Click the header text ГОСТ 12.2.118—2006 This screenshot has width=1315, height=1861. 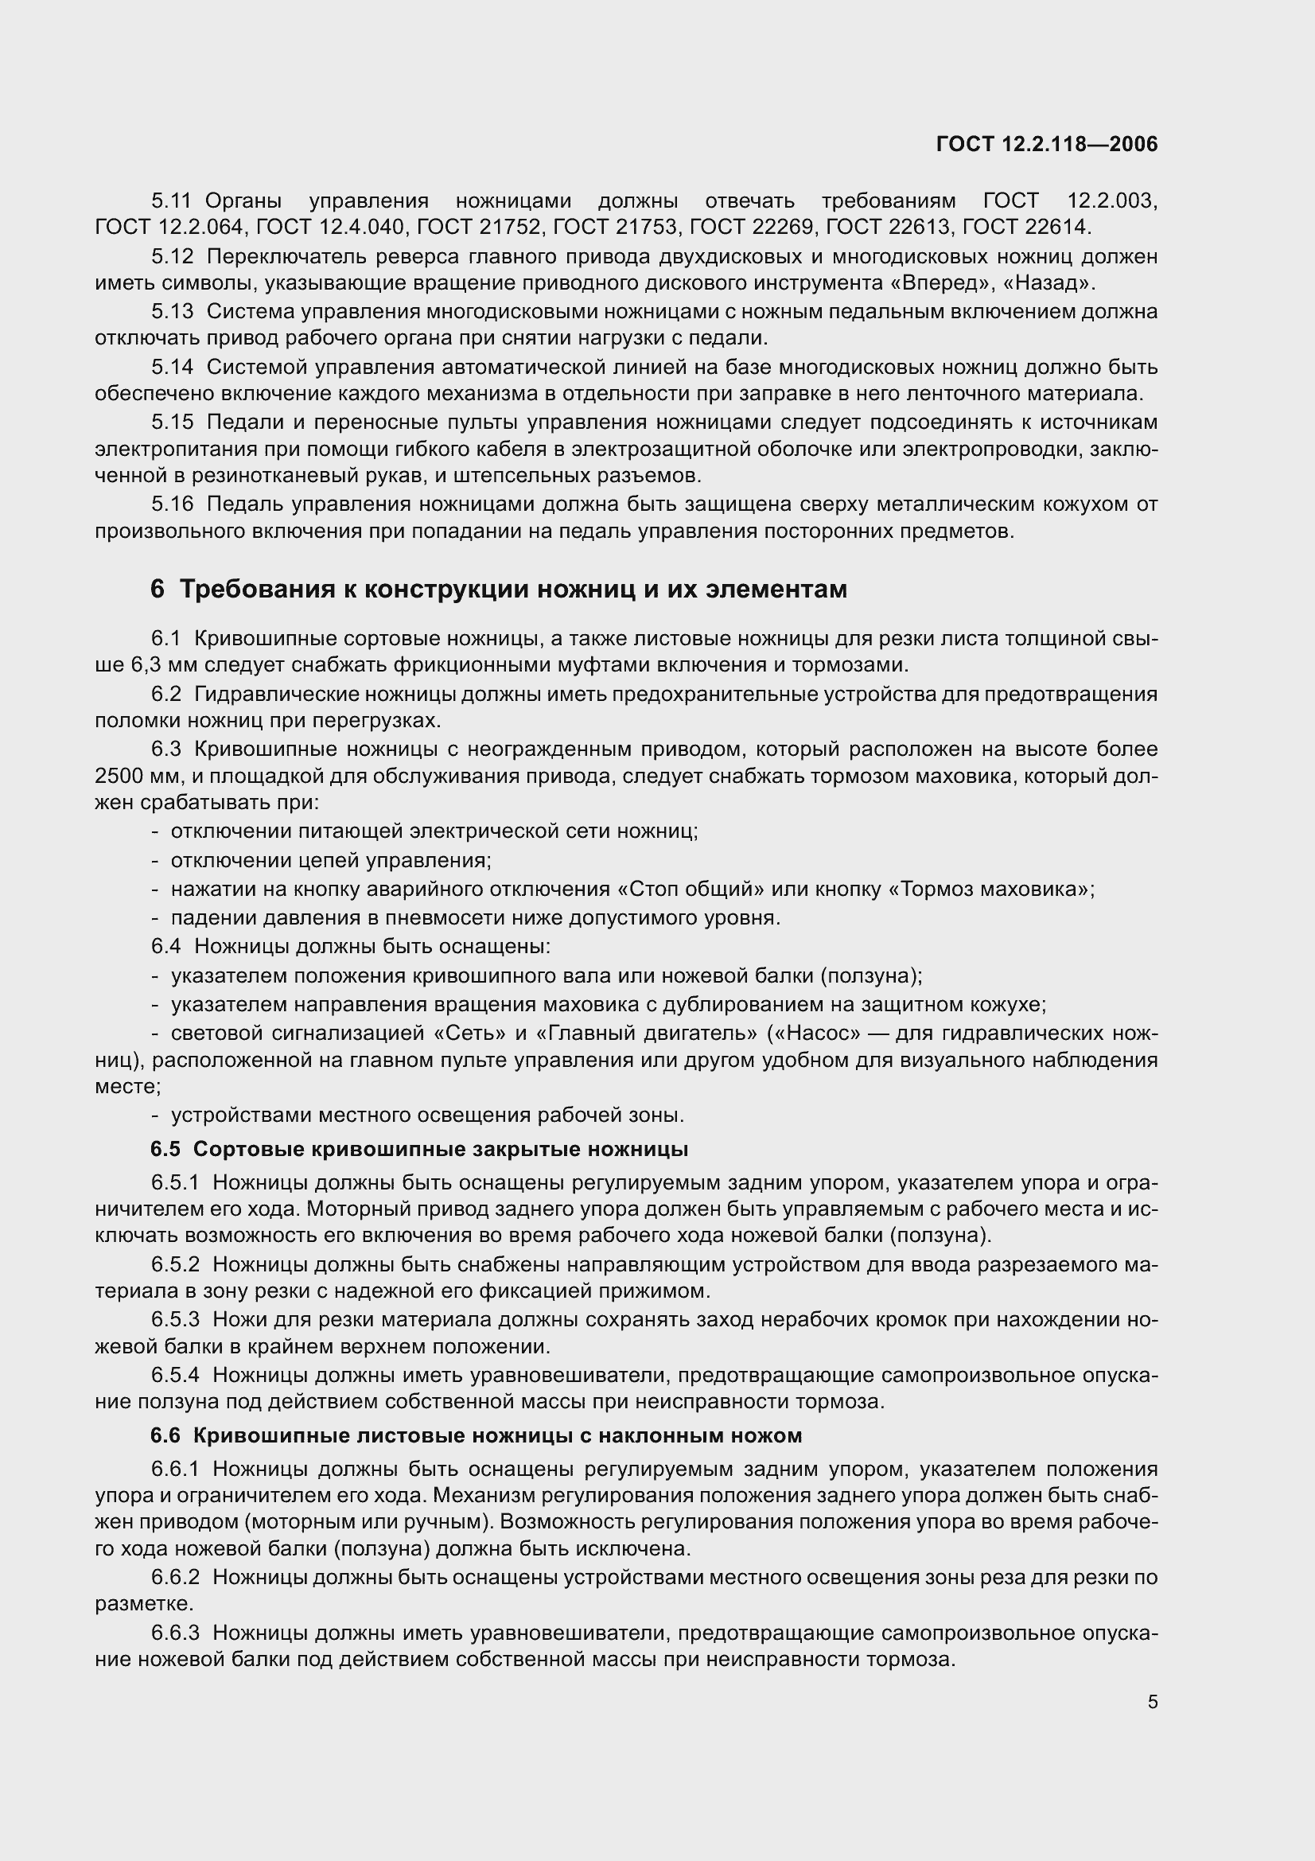coord(1047,144)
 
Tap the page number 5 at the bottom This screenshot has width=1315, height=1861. coord(1153,1702)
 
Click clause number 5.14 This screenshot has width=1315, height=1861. coord(172,367)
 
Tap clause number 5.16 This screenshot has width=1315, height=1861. coord(172,504)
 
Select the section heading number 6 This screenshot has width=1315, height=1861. coord(158,590)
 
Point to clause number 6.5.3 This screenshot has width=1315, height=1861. coord(175,1319)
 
